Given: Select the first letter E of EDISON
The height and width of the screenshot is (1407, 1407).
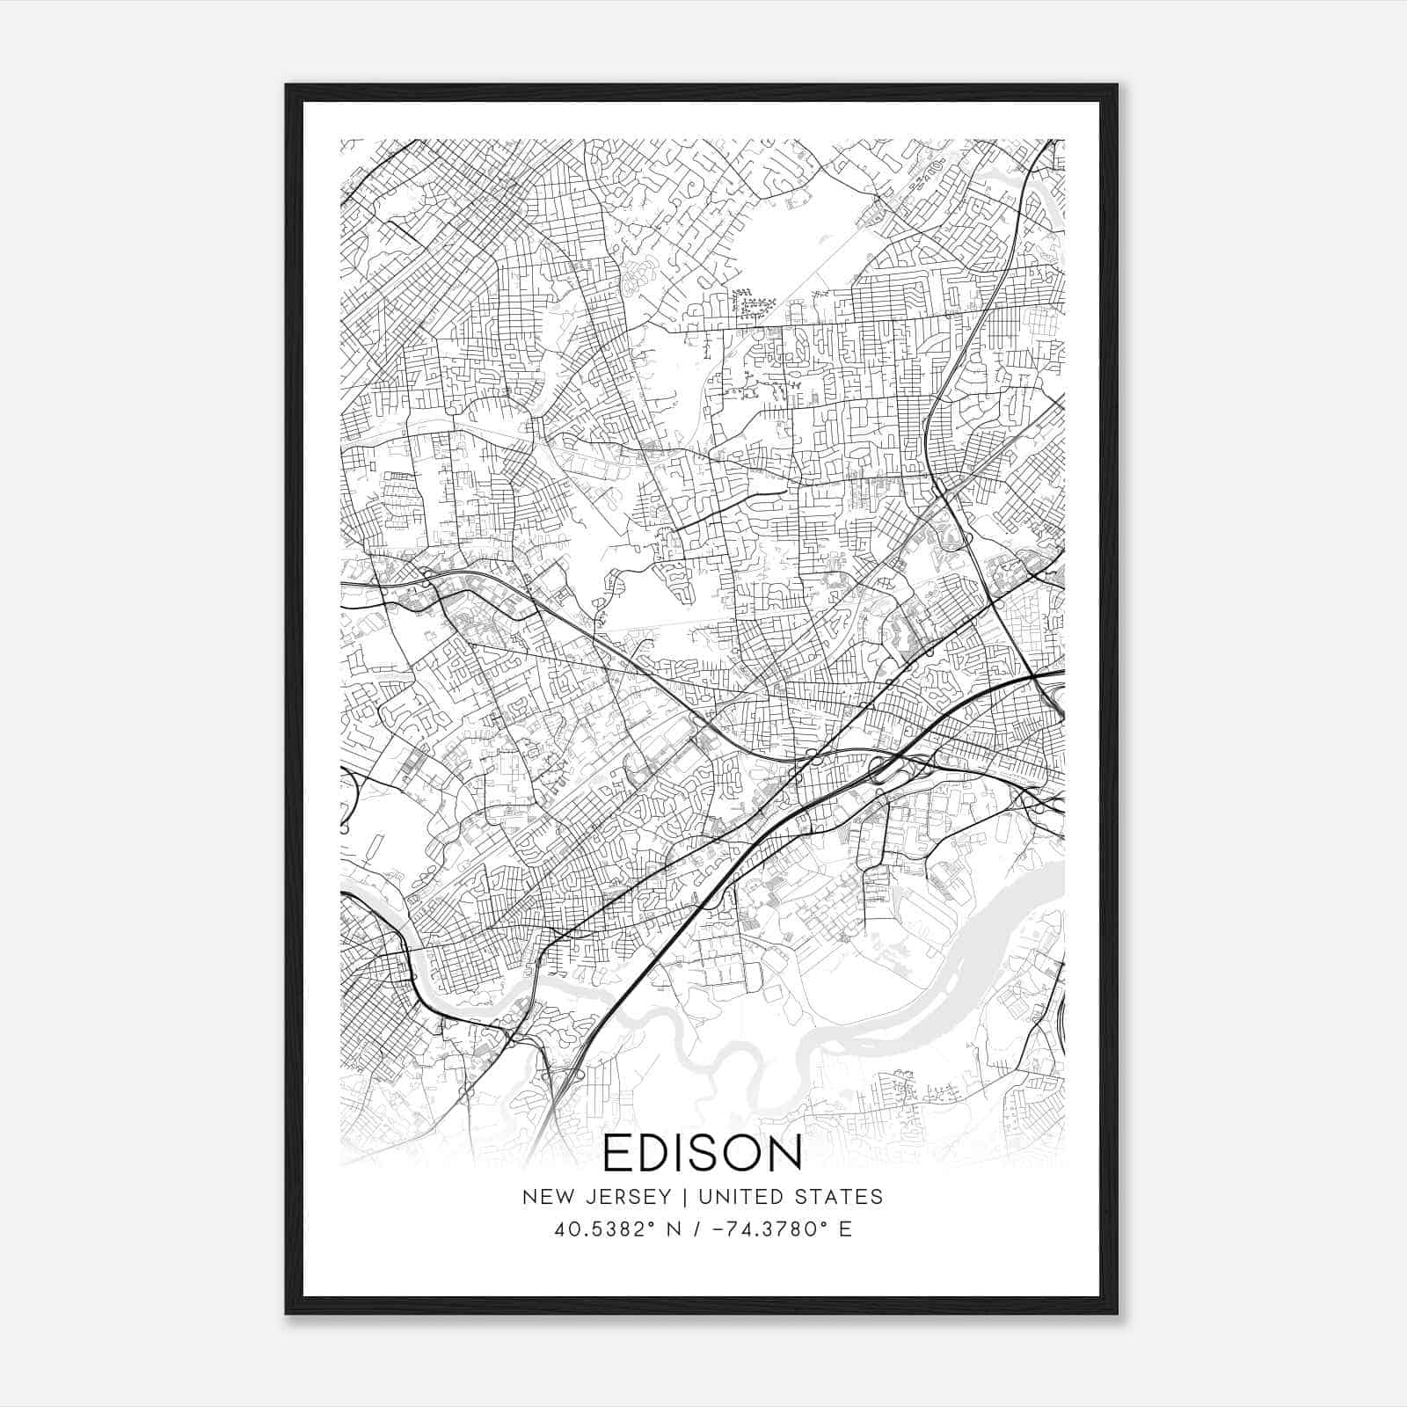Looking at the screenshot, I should click(616, 1153).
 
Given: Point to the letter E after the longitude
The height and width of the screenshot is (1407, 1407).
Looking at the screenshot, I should click(845, 1229).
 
